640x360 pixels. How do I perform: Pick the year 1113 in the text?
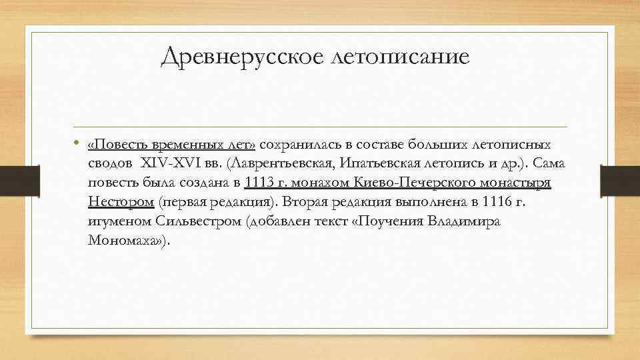pyautogui.click(x=259, y=183)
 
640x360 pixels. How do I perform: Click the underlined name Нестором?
pyautogui.click(x=121, y=202)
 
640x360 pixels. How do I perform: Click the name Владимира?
pyautogui.click(x=467, y=221)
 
